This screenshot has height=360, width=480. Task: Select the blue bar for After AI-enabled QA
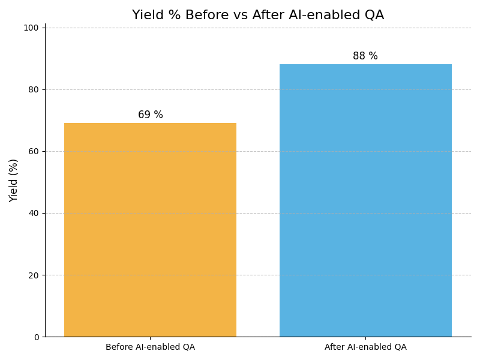(365, 200)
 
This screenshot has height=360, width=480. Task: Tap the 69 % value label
(150, 115)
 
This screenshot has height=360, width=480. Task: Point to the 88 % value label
(365, 56)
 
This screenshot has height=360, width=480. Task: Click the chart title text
(258, 16)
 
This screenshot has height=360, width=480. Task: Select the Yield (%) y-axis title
(14, 180)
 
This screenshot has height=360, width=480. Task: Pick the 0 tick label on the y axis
(36, 337)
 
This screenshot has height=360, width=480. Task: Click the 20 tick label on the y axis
(34, 275)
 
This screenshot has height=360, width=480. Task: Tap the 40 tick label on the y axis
(34, 213)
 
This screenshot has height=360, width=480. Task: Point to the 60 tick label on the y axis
(34, 151)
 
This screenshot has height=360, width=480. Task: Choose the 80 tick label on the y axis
(34, 89)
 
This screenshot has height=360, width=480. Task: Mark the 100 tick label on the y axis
(31, 28)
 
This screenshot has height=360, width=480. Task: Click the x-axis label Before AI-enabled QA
(150, 347)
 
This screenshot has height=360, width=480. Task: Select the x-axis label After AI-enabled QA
(365, 347)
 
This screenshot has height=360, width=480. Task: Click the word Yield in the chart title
(147, 16)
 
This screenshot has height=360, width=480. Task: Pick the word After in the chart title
(268, 16)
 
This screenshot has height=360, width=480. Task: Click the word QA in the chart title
(373, 16)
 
